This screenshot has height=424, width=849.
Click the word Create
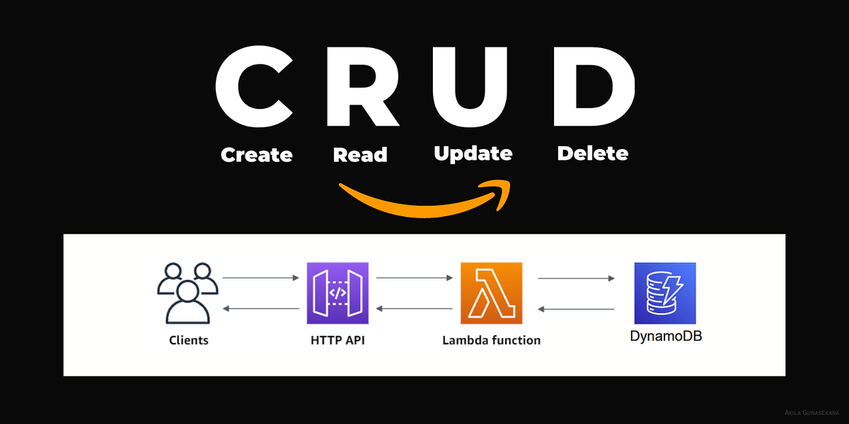coord(256,154)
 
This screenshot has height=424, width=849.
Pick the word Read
coord(360,154)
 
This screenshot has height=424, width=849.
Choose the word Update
coord(473,153)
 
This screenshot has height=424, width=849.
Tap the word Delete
coord(592,153)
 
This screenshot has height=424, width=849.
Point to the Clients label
coord(189,341)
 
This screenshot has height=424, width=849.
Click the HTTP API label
coord(337,341)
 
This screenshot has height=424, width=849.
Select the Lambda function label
coord(491,341)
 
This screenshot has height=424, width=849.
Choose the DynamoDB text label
coord(666,336)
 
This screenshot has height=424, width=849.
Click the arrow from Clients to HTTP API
coord(261,278)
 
